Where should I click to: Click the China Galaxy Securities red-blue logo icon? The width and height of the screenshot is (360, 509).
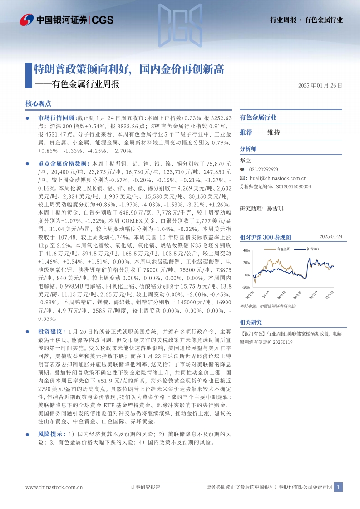pyautogui.click(x=27, y=20)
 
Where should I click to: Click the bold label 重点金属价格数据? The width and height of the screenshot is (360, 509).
pyautogui.click(x=63, y=163)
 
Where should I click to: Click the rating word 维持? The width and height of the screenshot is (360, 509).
pyautogui.click(x=274, y=132)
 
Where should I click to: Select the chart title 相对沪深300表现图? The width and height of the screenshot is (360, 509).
pyautogui.click(x=265, y=237)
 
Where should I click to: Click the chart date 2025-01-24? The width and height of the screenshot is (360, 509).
pyautogui.click(x=331, y=237)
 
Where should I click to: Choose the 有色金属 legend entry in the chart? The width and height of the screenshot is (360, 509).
pyautogui.click(x=284, y=249)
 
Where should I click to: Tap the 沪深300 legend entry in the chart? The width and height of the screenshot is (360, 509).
pyautogui.click(x=312, y=249)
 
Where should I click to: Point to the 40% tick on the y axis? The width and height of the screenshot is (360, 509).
pyautogui.click(x=247, y=250)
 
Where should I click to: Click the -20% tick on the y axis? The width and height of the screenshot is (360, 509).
pyautogui.click(x=246, y=287)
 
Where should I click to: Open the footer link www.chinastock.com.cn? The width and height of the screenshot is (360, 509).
pyautogui.click(x=54, y=487)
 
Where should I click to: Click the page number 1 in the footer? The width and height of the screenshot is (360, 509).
pyautogui.click(x=338, y=487)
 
